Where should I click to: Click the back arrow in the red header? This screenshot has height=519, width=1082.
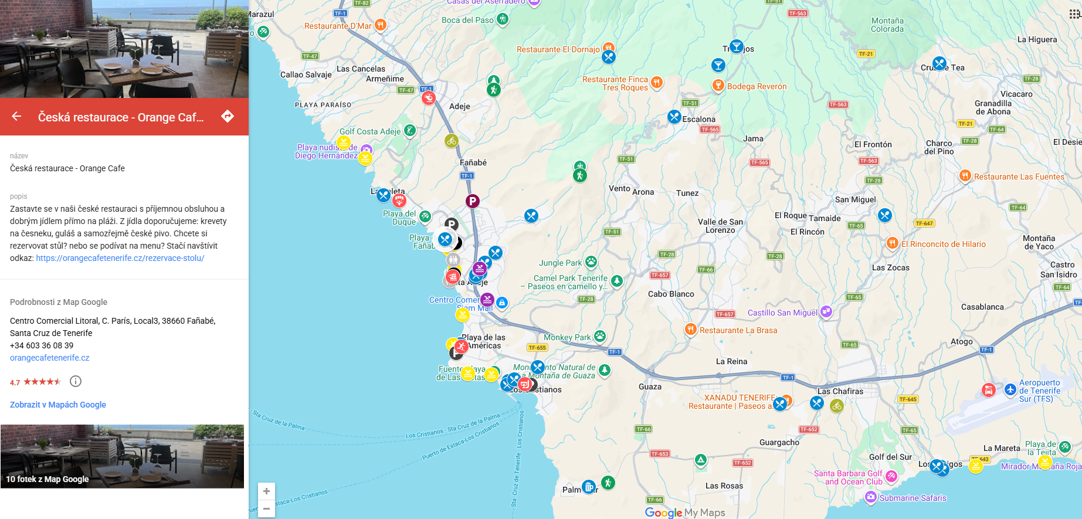pyautogui.click(x=16, y=117)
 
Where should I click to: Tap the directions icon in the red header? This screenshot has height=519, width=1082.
pyautogui.click(x=228, y=116)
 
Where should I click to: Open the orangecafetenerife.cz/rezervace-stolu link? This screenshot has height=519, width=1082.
pyautogui.click(x=120, y=258)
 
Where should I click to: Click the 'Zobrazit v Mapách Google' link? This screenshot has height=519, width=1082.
pyautogui.click(x=58, y=405)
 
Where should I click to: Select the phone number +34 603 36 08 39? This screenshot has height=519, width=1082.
pyautogui.click(x=42, y=345)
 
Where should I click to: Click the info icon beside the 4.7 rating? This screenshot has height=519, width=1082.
pyautogui.click(x=76, y=381)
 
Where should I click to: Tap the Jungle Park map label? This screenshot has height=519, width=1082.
pyautogui.click(x=561, y=263)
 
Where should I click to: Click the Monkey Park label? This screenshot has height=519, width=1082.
pyautogui.click(x=567, y=337)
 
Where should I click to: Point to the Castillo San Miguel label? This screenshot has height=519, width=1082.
pyautogui.click(x=782, y=313)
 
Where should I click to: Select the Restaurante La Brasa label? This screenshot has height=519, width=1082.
pyautogui.click(x=738, y=330)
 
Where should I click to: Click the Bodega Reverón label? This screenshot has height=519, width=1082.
pyautogui.click(x=757, y=86)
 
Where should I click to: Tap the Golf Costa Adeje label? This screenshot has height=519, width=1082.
pyautogui.click(x=370, y=131)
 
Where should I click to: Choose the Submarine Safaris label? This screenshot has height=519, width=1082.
pyautogui.click(x=913, y=498)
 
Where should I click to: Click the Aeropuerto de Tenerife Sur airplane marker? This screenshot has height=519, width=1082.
pyautogui.click(x=1010, y=389)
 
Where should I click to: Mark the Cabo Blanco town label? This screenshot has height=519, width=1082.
pyautogui.click(x=671, y=294)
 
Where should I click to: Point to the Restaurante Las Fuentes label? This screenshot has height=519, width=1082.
pyautogui.click(x=1019, y=177)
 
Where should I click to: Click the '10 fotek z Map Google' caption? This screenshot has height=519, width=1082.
pyautogui.click(x=48, y=479)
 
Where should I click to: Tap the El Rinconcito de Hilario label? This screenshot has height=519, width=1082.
pyautogui.click(x=943, y=244)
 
